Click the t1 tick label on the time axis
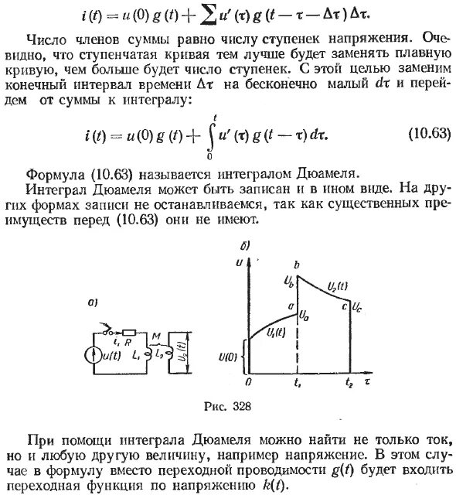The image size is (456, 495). [x=297, y=382]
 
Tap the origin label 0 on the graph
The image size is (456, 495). [x=248, y=382]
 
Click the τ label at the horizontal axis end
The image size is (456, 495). [x=370, y=381]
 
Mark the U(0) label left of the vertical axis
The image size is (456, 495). [x=231, y=355]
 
